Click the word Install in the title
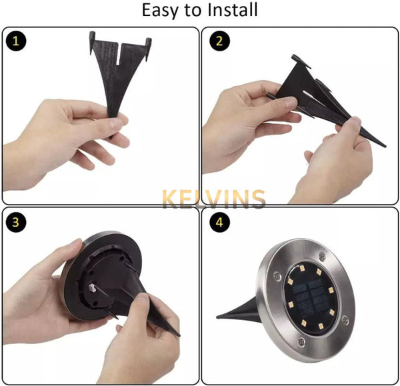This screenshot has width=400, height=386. pos(232,10)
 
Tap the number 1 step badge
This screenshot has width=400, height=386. pos(16,41)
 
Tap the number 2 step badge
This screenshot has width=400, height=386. pos(219,41)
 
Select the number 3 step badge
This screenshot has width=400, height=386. pos(16,222)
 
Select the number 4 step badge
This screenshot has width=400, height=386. pos(219,222)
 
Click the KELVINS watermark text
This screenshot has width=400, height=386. pos(214,199)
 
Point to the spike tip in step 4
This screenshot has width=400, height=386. pos(217,317)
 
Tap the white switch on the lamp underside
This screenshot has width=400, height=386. pos(92,288)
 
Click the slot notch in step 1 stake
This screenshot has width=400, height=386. pos(119,54)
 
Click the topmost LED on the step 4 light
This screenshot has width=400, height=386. pos(302,268)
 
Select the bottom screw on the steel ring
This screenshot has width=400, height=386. pos(301,341)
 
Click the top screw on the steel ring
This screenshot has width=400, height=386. pos(322,255)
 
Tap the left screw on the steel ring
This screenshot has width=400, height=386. pos(277,275)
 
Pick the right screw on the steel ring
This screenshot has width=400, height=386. pos(345,320)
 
